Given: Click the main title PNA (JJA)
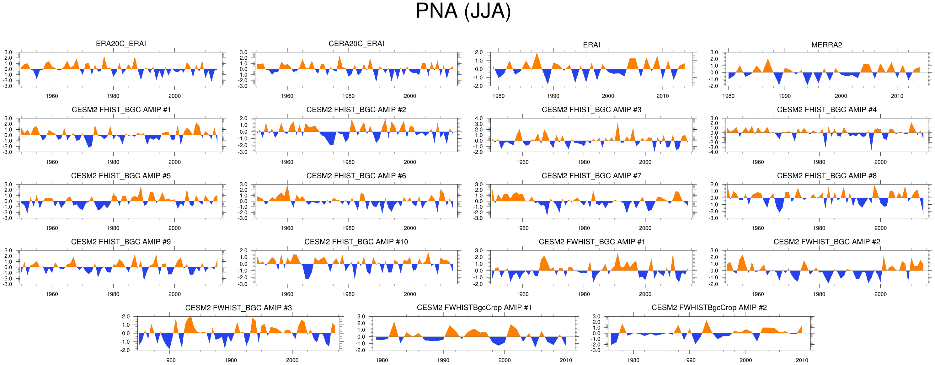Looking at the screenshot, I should click(x=463, y=11).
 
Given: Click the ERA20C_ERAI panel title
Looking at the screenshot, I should click(x=121, y=44).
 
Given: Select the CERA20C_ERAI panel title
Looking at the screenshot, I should click(x=356, y=44).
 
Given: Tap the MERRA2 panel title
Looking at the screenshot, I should click(x=826, y=45).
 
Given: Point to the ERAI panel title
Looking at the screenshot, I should click(x=591, y=45).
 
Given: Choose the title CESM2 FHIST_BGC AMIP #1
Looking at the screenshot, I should click(x=121, y=110).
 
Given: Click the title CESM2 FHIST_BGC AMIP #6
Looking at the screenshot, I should click(x=356, y=176).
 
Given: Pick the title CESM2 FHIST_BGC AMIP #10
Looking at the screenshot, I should click(x=356, y=242).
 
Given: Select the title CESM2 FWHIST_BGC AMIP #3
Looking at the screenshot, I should click(x=238, y=308).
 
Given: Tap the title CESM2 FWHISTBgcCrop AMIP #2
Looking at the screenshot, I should click(x=709, y=308).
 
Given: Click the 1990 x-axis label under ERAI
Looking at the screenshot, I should click(x=553, y=96).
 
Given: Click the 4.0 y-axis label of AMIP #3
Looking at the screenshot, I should click(x=479, y=118).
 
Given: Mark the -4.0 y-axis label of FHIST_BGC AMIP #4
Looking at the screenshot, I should click(x=713, y=152).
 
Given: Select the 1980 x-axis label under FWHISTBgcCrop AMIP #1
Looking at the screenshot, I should click(x=382, y=360).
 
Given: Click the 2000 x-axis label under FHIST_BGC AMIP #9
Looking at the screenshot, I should click(x=174, y=294).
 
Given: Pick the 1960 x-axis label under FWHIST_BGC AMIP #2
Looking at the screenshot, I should click(x=757, y=294).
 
